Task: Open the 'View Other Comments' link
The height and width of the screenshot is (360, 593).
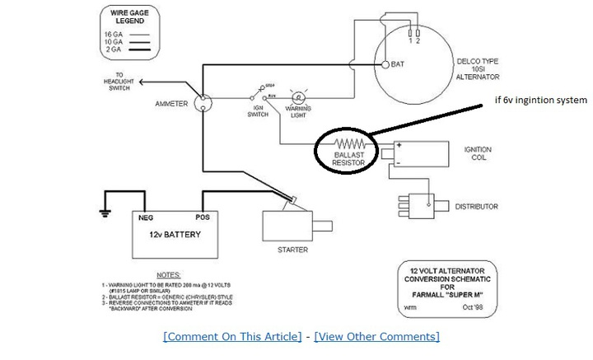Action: pyautogui.click(x=376, y=336)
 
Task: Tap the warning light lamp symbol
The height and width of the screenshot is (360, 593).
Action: pyautogui.click(x=300, y=96)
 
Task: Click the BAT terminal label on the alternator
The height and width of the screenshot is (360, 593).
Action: pyautogui.click(x=398, y=63)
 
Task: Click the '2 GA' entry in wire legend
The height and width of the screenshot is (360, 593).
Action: pyautogui.click(x=114, y=50)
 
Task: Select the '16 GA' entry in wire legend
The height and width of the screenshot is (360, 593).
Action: pyautogui.click(x=114, y=34)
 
